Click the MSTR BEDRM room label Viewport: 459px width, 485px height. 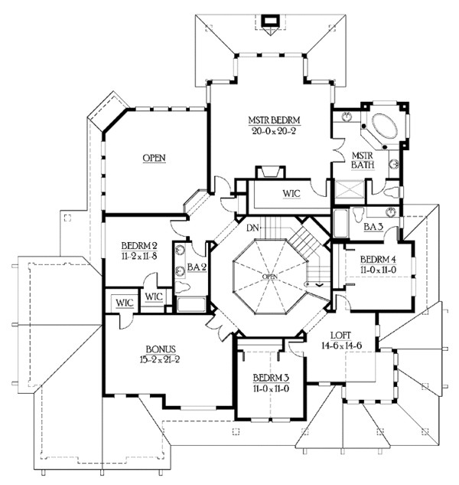(x=275, y=120)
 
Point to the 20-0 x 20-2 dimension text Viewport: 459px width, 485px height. (x=275, y=131)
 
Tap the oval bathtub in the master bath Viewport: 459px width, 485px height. (x=385, y=127)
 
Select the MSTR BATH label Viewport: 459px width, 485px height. (x=363, y=160)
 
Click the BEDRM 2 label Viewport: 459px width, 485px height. (x=139, y=246)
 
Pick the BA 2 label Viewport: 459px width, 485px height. (x=197, y=267)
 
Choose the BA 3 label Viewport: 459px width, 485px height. (x=373, y=227)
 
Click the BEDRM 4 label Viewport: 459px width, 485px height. (x=378, y=259)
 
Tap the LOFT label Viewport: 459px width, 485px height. (x=340, y=336)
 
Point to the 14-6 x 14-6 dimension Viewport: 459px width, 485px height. (x=341, y=346)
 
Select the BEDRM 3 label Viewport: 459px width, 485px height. (x=271, y=378)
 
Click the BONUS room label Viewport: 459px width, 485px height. (x=161, y=349)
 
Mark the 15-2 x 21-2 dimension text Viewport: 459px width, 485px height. (x=160, y=360)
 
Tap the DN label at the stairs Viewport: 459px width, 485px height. (x=252, y=228)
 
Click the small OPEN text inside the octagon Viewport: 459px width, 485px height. (x=269, y=277)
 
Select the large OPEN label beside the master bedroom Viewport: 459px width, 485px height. (x=154, y=158)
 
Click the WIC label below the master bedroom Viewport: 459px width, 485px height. (x=291, y=194)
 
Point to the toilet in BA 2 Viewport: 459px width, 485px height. (x=181, y=287)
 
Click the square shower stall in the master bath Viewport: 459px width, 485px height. (x=350, y=188)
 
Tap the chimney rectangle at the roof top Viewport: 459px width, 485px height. (x=270, y=21)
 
